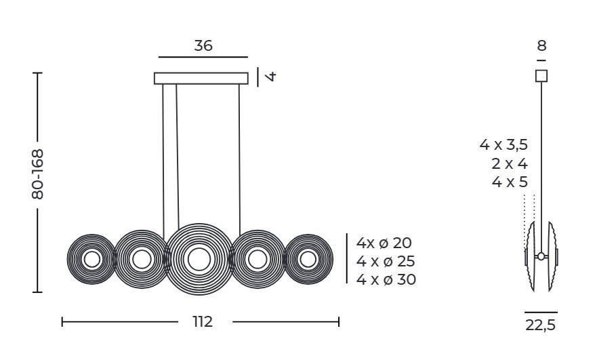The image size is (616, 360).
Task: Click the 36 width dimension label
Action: point(203,45)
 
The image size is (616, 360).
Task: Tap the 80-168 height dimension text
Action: point(38,174)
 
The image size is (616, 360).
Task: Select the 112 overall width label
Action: point(203,322)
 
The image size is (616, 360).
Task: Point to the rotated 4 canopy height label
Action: point(270,76)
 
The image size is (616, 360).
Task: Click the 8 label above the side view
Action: point(541,46)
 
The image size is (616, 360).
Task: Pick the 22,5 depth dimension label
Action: point(541,325)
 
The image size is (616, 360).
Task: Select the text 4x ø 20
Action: point(384,243)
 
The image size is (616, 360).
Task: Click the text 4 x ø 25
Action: point(386,261)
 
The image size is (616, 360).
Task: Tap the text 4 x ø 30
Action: point(386,279)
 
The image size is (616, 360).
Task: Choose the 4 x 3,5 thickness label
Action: point(504,144)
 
